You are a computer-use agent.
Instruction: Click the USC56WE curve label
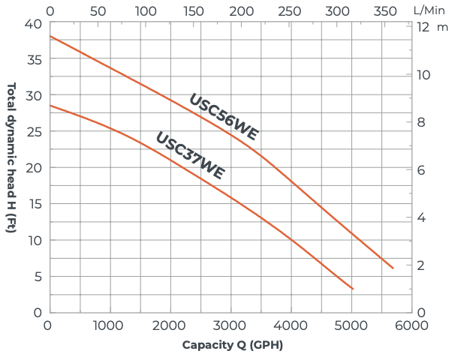223,117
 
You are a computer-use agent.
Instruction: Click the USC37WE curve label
190,156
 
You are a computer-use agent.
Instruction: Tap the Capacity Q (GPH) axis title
233,346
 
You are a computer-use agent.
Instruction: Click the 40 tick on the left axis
33,23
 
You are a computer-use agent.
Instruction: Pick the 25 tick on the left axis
33,132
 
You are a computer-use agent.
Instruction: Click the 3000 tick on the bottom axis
231,326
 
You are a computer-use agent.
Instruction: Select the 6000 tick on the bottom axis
412,326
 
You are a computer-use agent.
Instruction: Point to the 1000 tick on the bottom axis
110,326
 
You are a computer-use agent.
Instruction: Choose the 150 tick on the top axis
194,10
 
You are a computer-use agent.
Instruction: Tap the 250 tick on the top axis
289,10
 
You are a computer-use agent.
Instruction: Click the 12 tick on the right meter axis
422,26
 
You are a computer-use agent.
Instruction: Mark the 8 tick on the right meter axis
422,122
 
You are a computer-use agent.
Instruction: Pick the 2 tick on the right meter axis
422,265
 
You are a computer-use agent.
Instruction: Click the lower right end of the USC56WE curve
393,268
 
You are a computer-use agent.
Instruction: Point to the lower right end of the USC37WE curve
353,289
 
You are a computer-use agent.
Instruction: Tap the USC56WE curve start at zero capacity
50,36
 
